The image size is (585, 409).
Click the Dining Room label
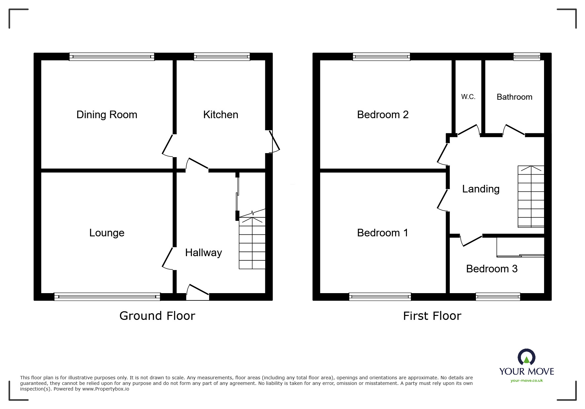click(x=107, y=115)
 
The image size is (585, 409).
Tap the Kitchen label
click(x=221, y=115)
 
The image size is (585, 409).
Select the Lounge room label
click(x=107, y=233)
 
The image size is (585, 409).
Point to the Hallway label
click(x=203, y=253)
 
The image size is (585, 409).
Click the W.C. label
click(x=468, y=97)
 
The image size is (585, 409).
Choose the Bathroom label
click(x=515, y=97)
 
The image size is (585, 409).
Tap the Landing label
click(x=481, y=189)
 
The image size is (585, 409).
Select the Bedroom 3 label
click(x=492, y=269)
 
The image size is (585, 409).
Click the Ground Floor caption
click(x=157, y=316)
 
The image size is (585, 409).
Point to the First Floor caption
click(x=432, y=316)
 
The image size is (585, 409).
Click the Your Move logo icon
click(x=527, y=357)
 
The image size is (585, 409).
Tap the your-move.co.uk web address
click(x=527, y=381)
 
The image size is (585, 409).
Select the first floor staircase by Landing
click(x=531, y=196)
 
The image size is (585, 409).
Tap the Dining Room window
click(x=112, y=56)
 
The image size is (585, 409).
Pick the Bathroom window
click(x=527, y=56)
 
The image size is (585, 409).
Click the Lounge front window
click(x=107, y=296)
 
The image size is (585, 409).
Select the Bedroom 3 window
click(x=498, y=296)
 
